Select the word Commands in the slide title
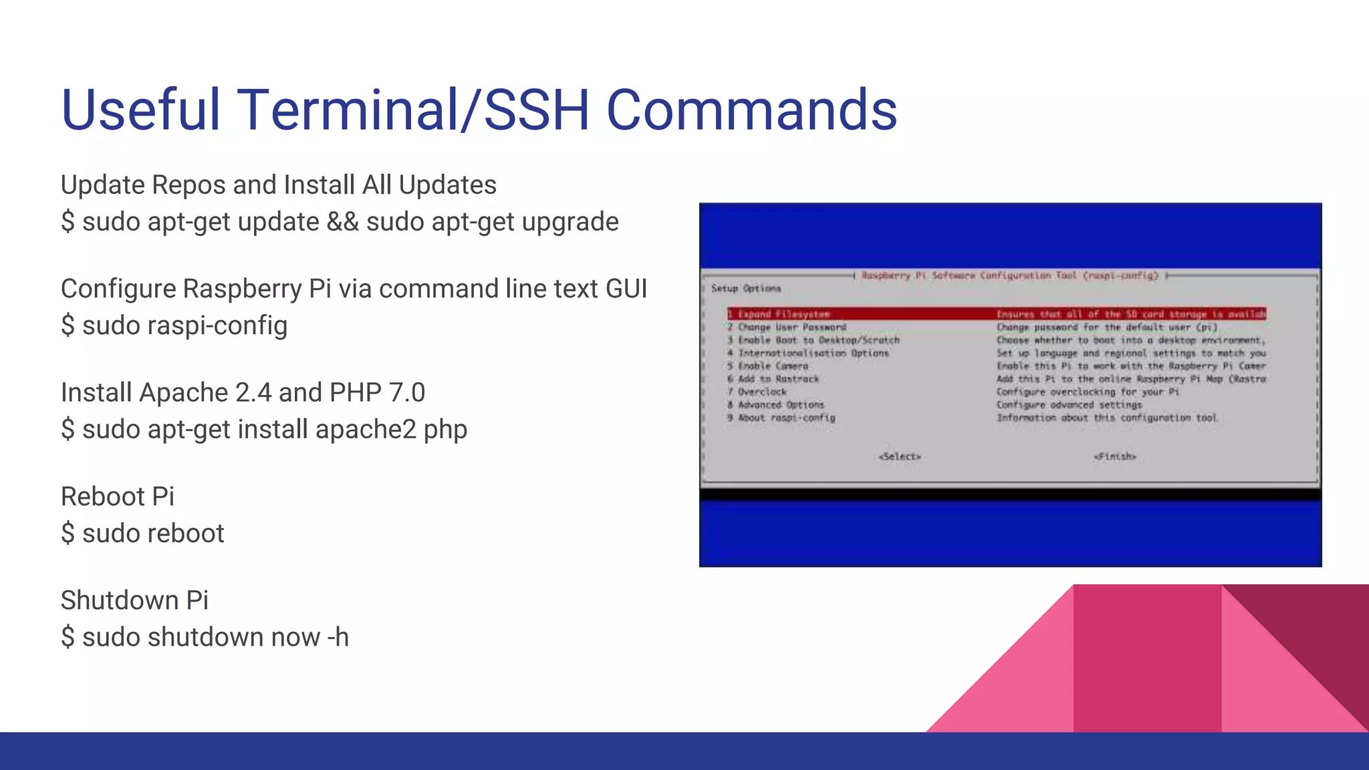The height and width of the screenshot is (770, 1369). coord(751,110)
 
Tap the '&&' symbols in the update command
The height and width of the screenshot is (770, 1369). coord(342,222)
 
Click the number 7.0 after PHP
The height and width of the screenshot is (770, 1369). coord(407,392)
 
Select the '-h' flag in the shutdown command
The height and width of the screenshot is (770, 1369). coord(338,638)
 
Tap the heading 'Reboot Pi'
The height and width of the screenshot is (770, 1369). coord(117,497)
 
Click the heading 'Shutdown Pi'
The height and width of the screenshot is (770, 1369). coord(134,600)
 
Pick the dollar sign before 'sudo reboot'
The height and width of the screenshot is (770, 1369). coord(68,533)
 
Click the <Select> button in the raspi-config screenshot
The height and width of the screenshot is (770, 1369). coord(900,457)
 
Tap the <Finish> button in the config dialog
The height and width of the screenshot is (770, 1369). coord(1115,457)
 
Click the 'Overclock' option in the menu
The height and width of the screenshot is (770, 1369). coord(762,392)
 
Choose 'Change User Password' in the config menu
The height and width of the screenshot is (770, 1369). coord(791,327)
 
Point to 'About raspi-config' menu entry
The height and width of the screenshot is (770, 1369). coord(786,418)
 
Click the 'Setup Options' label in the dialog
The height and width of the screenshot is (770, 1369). coord(745,288)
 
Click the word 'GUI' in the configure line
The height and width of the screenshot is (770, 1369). coord(626,289)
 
